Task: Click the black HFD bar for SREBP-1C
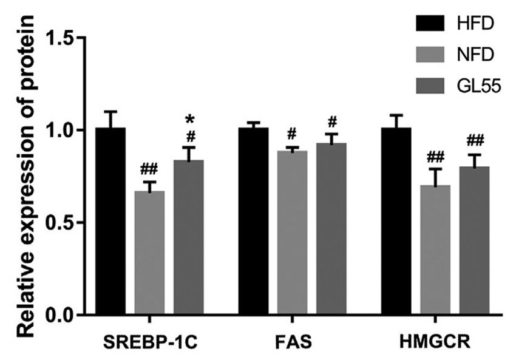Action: (x=110, y=221)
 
